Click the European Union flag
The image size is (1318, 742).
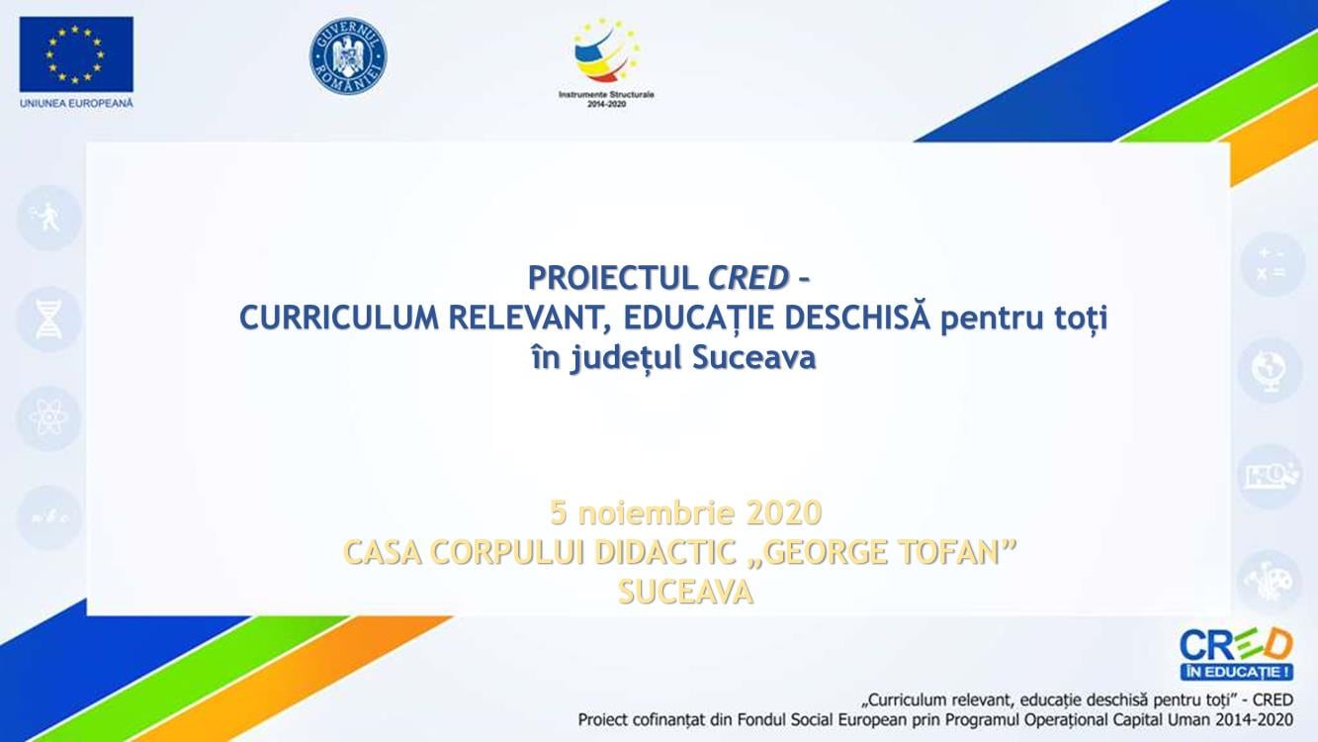(x=76, y=54)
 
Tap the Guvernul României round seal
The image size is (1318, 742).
(x=348, y=56)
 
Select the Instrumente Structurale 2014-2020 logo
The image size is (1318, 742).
(x=606, y=62)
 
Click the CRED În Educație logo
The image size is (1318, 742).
(x=1236, y=654)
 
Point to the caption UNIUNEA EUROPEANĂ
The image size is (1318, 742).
(x=76, y=103)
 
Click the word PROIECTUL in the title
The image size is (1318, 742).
(x=613, y=278)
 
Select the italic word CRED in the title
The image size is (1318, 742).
(x=748, y=278)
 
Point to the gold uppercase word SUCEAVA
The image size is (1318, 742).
(x=686, y=593)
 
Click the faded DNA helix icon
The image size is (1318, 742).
(x=48, y=320)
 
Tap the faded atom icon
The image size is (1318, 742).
(x=48, y=418)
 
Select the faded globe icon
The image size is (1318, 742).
(x=1270, y=371)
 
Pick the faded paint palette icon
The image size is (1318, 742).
(x=1270, y=583)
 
